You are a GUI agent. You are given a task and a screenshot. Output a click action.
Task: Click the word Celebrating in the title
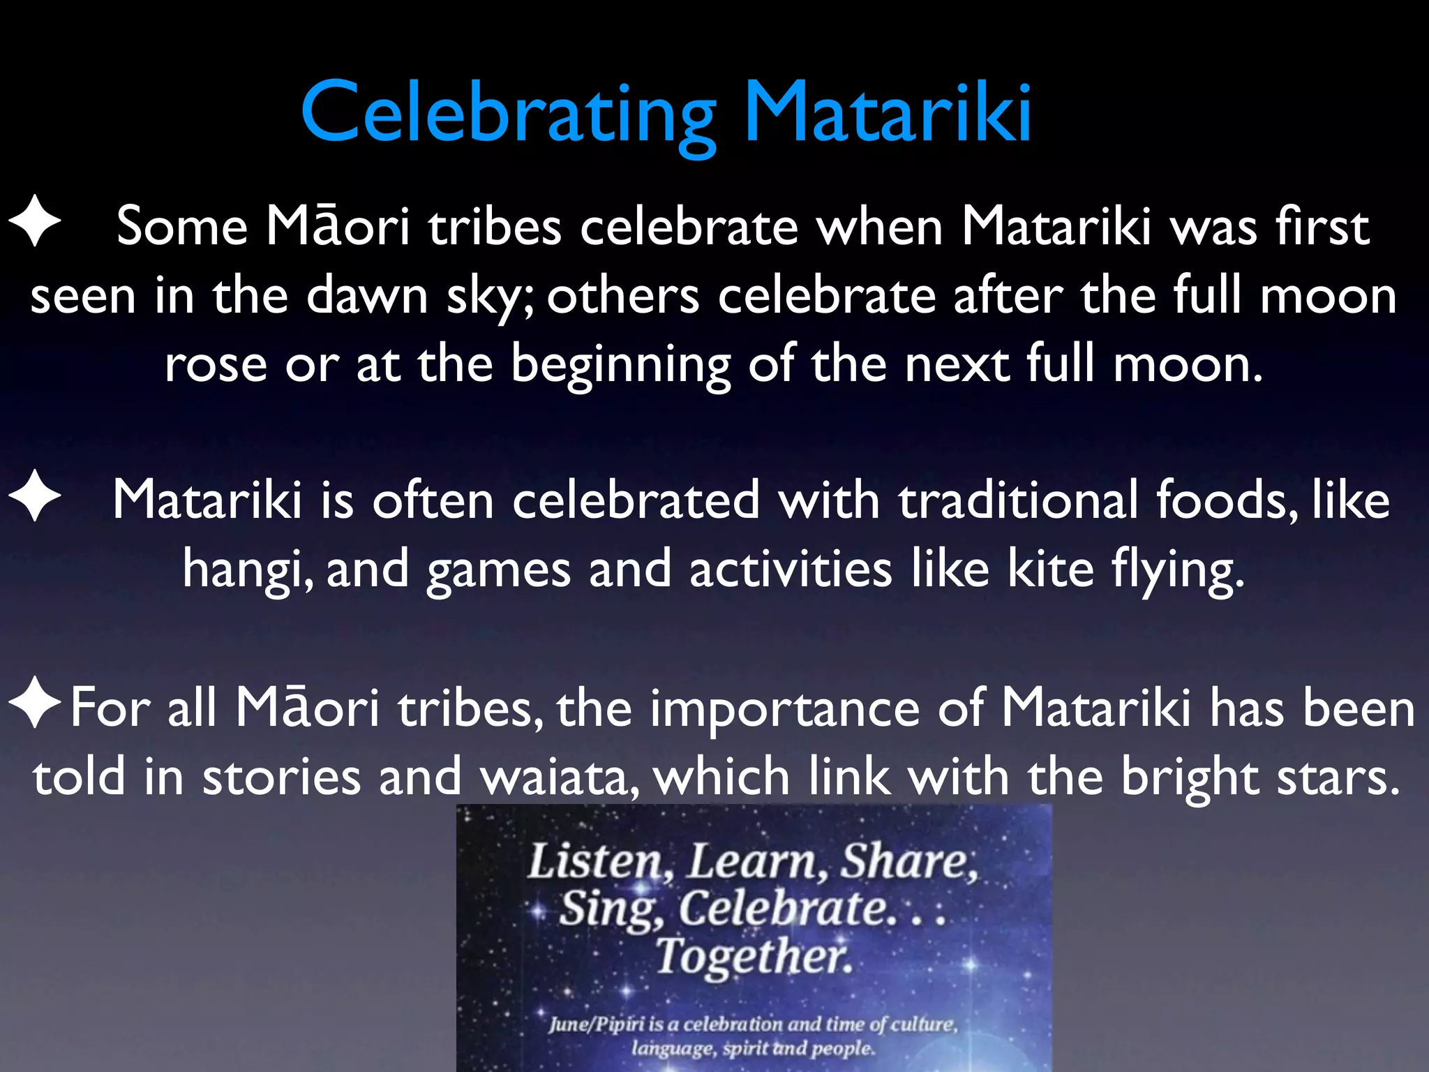[x=508, y=113]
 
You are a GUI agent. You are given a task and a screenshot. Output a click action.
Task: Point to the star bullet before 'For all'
[x=35, y=703]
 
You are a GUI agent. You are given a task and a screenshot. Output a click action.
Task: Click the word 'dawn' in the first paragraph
[x=367, y=296]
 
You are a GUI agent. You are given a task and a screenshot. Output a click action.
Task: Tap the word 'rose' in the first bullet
[x=216, y=364]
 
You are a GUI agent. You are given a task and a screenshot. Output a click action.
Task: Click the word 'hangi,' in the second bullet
[x=248, y=569]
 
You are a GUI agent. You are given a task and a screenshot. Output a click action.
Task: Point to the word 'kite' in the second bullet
[x=1050, y=568]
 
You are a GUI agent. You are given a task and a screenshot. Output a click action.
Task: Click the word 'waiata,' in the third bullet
[x=560, y=776]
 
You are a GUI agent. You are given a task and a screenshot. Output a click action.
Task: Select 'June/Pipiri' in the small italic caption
[x=597, y=1024]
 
